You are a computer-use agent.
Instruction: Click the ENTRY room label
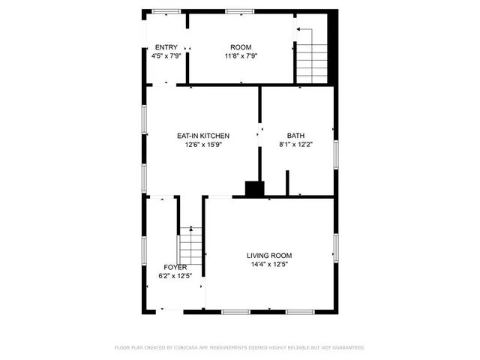click(x=166, y=47)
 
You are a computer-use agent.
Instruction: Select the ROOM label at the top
click(x=241, y=47)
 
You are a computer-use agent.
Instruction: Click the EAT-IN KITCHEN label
click(x=203, y=136)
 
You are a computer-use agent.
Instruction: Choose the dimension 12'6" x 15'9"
click(x=203, y=145)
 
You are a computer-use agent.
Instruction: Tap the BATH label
click(x=295, y=136)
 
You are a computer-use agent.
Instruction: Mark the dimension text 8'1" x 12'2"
click(x=295, y=145)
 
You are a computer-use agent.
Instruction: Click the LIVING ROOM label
click(x=269, y=255)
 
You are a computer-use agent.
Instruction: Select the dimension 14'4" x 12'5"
click(x=269, y=264)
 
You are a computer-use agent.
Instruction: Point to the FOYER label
click(x=175, y=267)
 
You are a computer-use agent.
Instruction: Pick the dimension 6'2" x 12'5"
click(x=175, y=276)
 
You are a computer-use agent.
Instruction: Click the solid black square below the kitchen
click(x=255, y=189)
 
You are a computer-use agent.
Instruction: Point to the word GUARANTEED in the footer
click(x=346, y=348)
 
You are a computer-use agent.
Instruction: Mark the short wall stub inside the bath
click(x=287, y=183)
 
